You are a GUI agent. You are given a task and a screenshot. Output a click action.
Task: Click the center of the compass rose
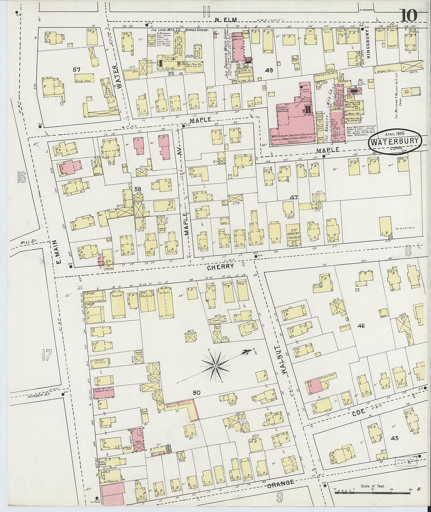(215, 366)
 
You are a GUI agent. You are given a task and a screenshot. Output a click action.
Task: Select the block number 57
(77, 69)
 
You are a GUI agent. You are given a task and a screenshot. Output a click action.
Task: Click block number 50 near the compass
(196, 392)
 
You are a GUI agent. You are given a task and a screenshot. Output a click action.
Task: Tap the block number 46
(361, 326)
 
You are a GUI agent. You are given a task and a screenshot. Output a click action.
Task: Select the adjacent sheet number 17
(46, 355)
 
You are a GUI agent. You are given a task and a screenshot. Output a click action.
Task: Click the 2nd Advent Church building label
(293, 233)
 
